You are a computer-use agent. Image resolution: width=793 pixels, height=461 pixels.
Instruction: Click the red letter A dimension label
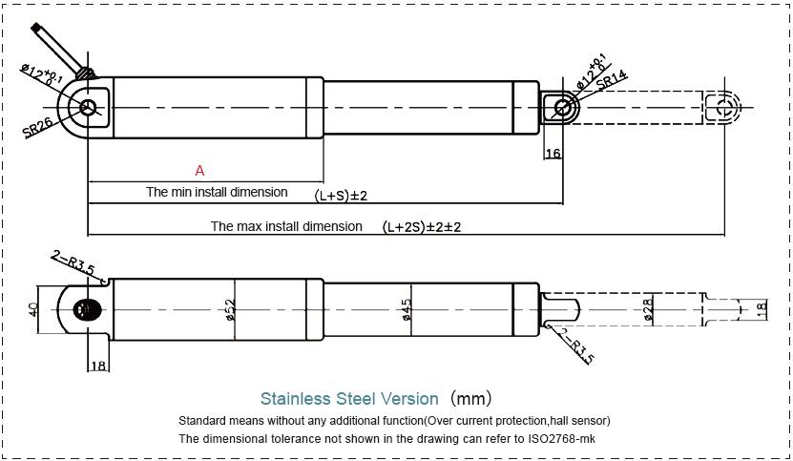tap(199, 171)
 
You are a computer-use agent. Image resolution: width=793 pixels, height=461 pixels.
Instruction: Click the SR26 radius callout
tap(38, 129)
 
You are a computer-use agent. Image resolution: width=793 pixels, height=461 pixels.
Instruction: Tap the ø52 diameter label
tap(230, 309)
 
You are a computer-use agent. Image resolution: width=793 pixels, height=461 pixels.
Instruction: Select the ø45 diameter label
tap(407, 309)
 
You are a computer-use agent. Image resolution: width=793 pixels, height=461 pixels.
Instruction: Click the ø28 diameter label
tap(648, 309)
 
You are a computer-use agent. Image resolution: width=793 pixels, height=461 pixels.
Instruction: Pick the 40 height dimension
tap(33, 310)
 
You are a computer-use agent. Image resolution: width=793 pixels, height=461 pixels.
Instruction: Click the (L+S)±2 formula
tap(341, 196)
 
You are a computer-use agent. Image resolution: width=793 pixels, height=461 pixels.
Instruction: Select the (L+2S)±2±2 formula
tap(421, 227)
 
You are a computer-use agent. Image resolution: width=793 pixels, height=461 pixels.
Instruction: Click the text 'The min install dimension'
tap(217, 192)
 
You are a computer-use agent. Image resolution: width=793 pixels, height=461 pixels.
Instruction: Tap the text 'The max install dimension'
tap(286, 227)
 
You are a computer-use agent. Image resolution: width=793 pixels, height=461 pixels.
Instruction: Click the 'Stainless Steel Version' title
tap(349, 398)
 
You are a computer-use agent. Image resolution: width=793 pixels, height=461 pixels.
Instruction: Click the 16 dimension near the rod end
tap(553, 154)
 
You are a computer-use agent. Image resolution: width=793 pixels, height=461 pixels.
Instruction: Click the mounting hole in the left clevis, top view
tap(90, 108)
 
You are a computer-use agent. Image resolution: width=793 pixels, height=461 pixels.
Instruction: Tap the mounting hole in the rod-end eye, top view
tap(563, 108)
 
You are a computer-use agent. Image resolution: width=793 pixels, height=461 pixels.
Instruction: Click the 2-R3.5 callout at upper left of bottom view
tap(73, 262)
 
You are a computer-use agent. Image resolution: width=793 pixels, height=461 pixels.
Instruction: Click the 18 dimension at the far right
tap(761, 310)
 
